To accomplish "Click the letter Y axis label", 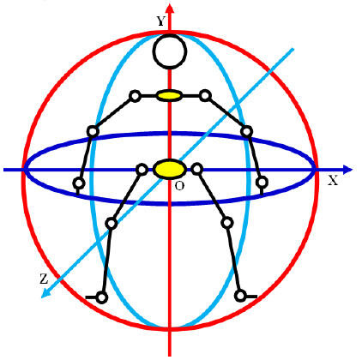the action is click(161, 21).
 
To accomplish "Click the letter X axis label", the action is click(333, 180).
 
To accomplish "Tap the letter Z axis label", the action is click(44, 279).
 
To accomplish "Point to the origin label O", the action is click(179, 186).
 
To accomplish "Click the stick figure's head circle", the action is click(170, 51).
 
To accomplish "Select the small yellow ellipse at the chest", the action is click(169, 95).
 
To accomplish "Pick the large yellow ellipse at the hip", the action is click(169, 169).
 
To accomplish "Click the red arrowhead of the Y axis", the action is click(170, 9).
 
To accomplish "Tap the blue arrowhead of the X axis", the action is click(347, 170).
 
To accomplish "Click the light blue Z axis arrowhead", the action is click(45, 293).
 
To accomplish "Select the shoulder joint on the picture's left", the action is click(135, 96).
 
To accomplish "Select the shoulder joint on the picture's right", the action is click(205, 95).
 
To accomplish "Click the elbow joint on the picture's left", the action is click(93, 131).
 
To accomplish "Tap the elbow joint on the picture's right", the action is click(246, 132).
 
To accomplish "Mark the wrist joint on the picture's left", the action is click(79, 183).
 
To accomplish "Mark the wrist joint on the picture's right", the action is click(262, 182).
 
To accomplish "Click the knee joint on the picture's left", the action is click(112, 223).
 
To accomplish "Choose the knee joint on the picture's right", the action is click(227, 223).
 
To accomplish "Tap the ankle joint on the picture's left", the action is click(102, 297).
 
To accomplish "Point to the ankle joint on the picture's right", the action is click(240, 296).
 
